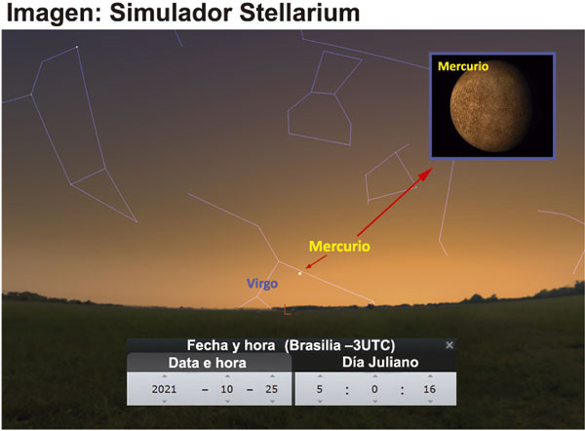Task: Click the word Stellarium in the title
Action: tap(299, 13)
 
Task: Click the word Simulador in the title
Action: tap(172, 13)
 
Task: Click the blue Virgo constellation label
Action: tap(262, 284)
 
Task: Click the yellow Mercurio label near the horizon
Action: tap(339, 247)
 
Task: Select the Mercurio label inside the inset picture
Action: tap(463, 66)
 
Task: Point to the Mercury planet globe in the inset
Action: tap(491, 106)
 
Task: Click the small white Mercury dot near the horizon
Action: tap(299, 274)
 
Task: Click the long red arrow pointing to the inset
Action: tap(395, 202)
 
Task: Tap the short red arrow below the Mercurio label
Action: tap(316, 262)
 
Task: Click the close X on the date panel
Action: tap(449, 345)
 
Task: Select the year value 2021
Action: tap(164, 389)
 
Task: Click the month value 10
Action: tap(227, 389)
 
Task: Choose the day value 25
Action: tap(272, 389)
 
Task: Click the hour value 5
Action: tap(320, 389)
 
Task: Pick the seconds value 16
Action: tap(429, 389)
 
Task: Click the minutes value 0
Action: tap(374, 389)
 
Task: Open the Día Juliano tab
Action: tap(380, 362)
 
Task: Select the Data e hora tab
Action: tap(208, 363)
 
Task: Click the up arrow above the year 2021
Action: tap(164, 376)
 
